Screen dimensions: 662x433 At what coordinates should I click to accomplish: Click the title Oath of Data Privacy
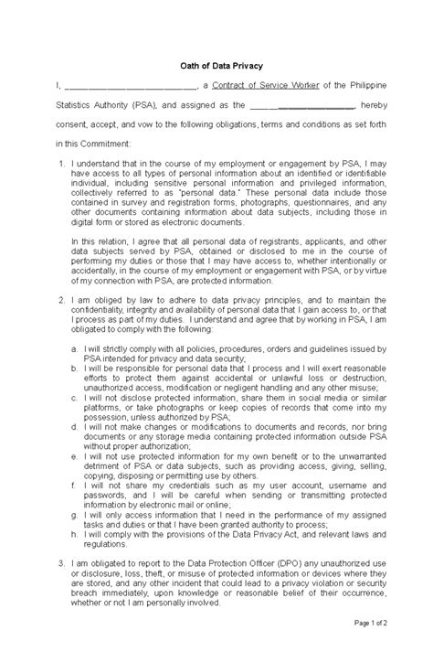pos(216,62)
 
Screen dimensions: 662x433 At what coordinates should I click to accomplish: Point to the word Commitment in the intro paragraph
pos(104,144)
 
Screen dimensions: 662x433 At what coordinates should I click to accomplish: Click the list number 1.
pos(58,163)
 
